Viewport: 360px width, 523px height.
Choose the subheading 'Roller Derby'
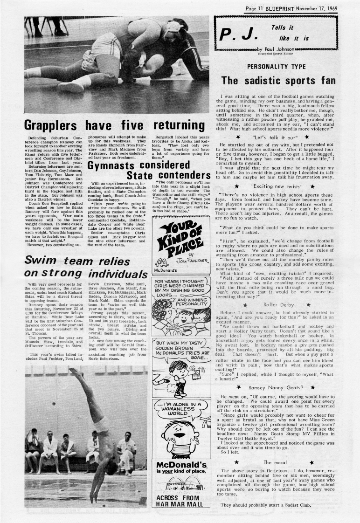point(277,305)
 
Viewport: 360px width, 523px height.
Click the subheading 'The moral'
point(274,462)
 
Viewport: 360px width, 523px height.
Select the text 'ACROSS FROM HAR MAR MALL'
point(180,501)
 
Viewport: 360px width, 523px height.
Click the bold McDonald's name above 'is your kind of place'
point(181,465)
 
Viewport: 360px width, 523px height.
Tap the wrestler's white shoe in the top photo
point(70,87)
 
